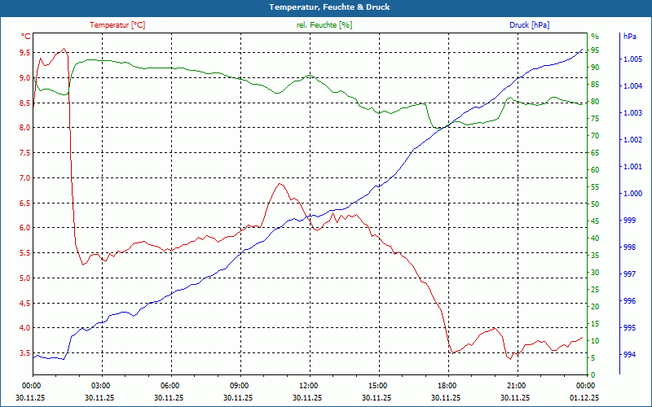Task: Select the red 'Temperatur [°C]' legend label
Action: (x=117, y=25)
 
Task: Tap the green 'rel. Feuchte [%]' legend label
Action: (x=324, y=25)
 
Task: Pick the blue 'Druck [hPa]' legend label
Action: (x=529, y=25)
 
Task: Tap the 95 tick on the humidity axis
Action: (x=595, y=50)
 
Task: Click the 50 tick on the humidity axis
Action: (x=595, y=204)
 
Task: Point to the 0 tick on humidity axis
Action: (x=593, y=374)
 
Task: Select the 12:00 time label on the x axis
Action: (x=309, y=385)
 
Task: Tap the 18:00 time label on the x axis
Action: (x=447, y=385)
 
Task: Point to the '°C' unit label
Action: (x=26, y=37)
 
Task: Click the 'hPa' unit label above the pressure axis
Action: (x=629, y=37)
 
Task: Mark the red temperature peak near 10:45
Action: (x=280, y=183)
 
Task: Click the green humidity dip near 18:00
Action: (x=438, y=128)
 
